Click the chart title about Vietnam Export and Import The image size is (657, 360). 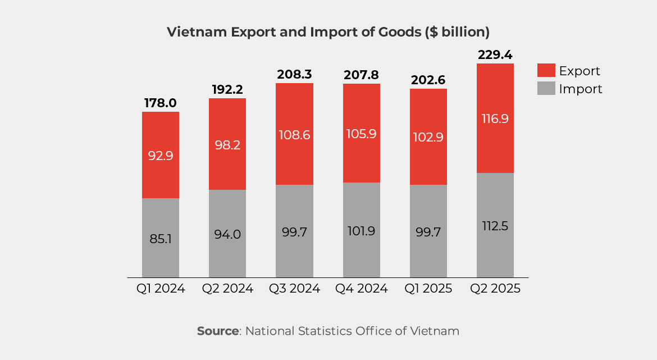pos(328,32)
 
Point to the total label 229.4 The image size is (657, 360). pos(495,55)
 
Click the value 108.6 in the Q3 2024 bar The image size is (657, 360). pos(294,135)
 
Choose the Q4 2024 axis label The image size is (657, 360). pos(361,289)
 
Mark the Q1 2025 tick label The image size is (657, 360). pos(428,289)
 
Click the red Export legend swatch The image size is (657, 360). pos(546,71)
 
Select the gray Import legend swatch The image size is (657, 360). pos(546,89)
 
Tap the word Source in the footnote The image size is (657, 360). pos(217,331)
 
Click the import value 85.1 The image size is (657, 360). pos(161,239)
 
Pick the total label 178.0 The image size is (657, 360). pos(161,103)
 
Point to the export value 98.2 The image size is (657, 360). pos(227,145)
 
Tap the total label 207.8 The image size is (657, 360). pos(361,75)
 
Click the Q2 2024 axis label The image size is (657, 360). pos(227,289)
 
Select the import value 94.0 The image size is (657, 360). pos(227,234)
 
